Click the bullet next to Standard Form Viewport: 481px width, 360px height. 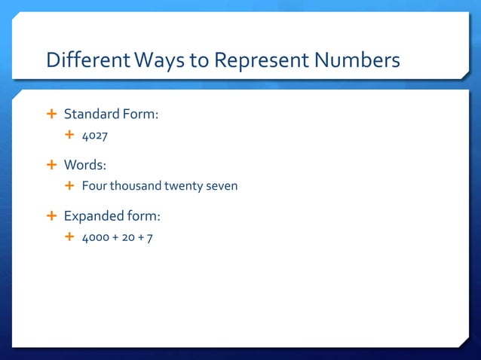tap(52, 114)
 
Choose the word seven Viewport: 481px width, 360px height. tap(222, 186)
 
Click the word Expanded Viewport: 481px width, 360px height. tap(93, 216)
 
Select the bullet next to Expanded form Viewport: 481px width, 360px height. tap(52, 216)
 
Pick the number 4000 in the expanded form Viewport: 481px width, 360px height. tap(96, 238)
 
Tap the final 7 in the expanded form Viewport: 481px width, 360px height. tap(152, 238)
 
